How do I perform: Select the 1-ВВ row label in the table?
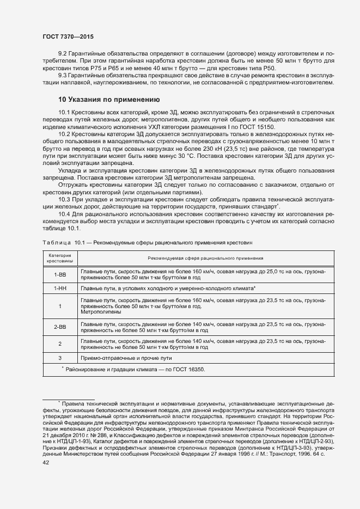click(x=59, y=274)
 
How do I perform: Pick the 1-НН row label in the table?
click(x=59, y=287)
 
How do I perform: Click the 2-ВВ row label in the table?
click(x=59, y=327)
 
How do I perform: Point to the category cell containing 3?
click(x=59, y=358)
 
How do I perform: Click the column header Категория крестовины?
click(x=59, y=259)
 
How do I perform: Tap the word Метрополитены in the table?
click(x=100, y=312)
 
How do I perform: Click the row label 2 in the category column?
click(x=59, y=344)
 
